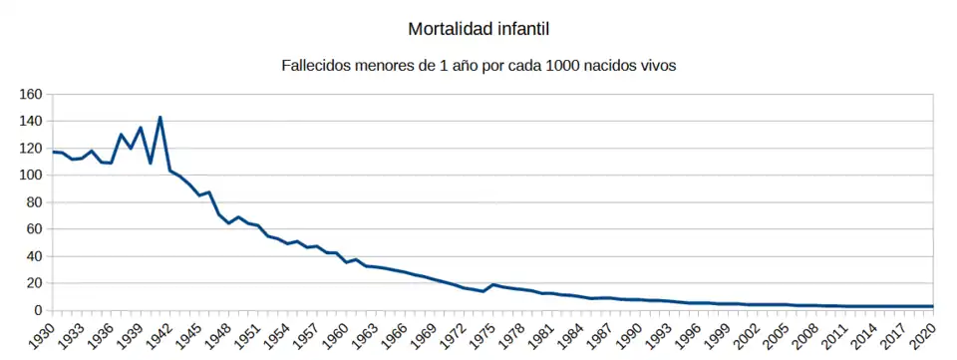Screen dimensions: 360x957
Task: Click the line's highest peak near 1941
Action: (x=159, y=118)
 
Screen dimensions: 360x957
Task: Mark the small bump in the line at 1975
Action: (x=492, y=284)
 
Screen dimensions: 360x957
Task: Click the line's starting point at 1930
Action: (x=53, y=152)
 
